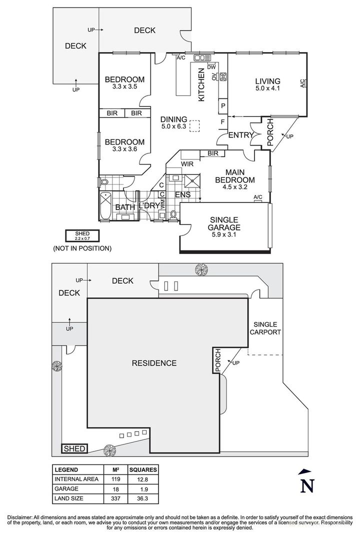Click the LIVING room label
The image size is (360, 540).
267,81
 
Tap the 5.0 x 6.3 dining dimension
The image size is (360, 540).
173,126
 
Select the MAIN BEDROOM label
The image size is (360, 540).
235,176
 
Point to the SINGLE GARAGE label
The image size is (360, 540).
224,223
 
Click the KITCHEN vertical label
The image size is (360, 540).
201,84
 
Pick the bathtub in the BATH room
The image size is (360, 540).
105,206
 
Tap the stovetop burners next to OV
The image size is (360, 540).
223,77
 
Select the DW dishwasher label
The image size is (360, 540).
211,67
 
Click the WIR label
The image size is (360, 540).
187,164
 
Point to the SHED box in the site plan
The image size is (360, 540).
75,448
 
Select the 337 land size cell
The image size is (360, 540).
116,498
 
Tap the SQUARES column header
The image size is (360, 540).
143,469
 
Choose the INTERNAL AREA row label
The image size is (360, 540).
76,479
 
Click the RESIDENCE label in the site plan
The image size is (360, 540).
154,363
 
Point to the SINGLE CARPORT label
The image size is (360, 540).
265,328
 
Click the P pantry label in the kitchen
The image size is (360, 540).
223,106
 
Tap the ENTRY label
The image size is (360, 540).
241,135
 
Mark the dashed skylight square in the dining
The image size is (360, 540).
195,125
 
